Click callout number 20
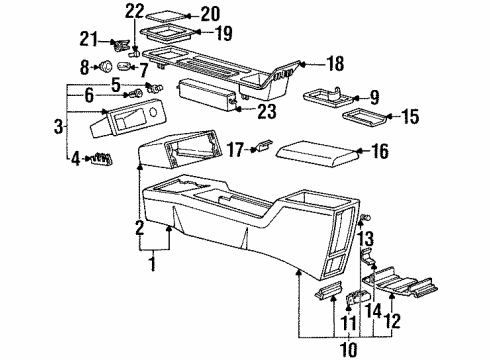coord(209,14)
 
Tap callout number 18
coord(335,64)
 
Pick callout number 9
coord(374,97)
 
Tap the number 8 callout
coord(84,67)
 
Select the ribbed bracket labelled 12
coord(400,284)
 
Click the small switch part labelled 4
coord(102,157)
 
